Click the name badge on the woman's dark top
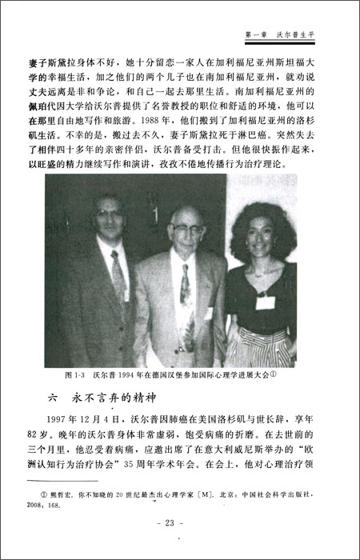[x=265, y=303]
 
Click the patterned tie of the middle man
[x=186, y=296]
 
